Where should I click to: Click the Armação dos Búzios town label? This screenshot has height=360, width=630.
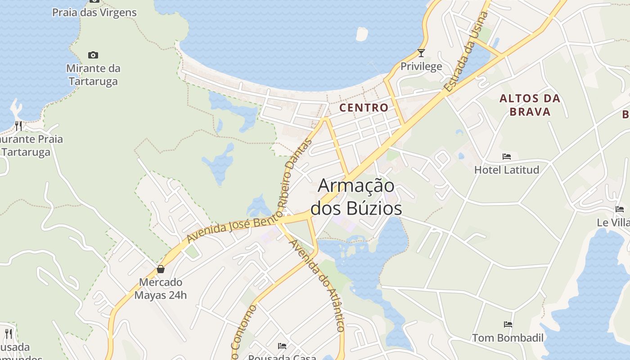(x=356, y=197)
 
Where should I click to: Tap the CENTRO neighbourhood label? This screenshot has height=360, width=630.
(x=364, y=108)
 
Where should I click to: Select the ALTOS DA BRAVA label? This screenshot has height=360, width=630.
(x=530, y=105)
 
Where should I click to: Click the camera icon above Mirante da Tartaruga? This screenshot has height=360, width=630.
(x=93, y=55)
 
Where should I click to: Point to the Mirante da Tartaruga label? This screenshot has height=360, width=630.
(x=93, y=75)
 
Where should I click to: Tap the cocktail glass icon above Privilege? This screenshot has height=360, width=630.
(x=421, y=53)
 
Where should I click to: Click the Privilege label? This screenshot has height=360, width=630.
(x=421, y=67)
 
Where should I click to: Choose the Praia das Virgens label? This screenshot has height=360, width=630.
(x=94, y=12)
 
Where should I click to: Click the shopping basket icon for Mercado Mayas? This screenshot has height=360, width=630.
(x=160, y=269)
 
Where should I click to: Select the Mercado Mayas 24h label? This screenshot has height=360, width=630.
(x=160, y=288)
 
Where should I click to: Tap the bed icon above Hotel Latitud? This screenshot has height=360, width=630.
(x=507, y=157)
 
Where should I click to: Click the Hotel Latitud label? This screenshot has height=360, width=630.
(x=507, y=170)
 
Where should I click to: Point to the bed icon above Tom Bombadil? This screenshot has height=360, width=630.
(x=508, y=324)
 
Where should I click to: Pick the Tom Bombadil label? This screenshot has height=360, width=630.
(x=508, y=338)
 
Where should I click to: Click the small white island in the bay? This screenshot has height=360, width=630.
(x=362, y=34)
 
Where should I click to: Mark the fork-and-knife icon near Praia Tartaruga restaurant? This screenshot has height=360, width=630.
(x=18, y=126)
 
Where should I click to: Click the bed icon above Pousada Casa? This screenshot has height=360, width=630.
(x=282, y=346)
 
